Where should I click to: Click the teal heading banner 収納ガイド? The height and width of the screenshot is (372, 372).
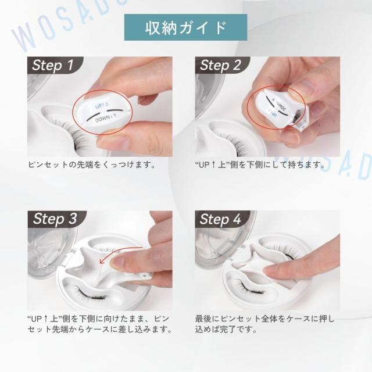tap(185, 27)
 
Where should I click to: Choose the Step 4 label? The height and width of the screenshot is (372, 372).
tap(220, 219)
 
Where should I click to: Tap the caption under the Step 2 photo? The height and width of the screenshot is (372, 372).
tap(262, 165)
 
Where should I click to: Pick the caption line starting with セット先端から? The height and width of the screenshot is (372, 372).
tap(99, 330)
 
